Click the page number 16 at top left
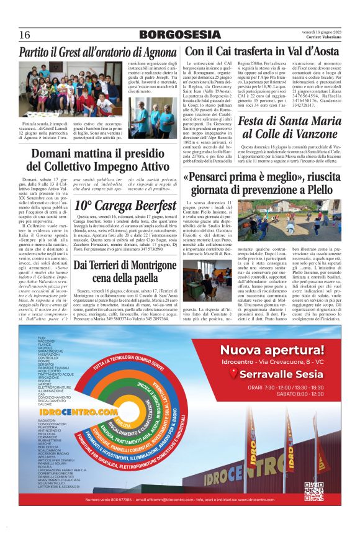coord(25,34)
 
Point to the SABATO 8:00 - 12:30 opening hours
coord(291,394)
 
